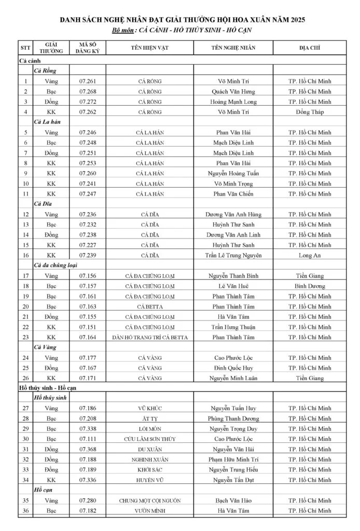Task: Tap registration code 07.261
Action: [x=88, y=81]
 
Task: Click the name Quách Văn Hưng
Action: [x=235, y=91]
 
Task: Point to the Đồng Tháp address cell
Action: [x=310, y=111]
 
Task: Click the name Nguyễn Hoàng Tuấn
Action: [x=235, y=173]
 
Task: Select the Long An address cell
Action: [x=310, y=255]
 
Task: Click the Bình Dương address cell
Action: [x=310, y=286]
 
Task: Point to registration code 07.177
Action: [x=88, y=358]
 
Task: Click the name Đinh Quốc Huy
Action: [x=235, y=368]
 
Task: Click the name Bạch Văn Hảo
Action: [x=235, y=500]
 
